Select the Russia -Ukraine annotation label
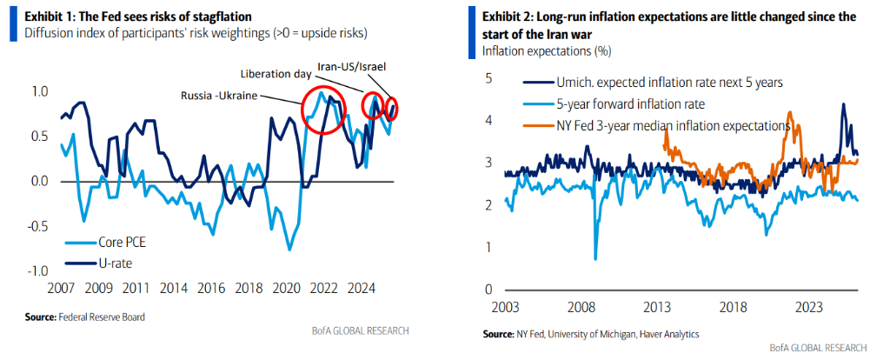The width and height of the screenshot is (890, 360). (221, 94)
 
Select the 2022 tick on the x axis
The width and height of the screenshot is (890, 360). (324, 288)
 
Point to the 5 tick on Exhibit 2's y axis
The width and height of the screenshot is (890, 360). (488, 78)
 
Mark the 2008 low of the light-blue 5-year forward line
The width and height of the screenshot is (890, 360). (595, 258)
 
